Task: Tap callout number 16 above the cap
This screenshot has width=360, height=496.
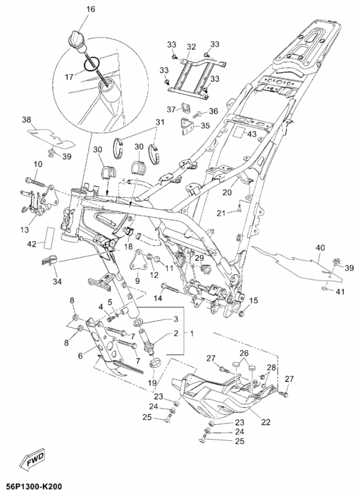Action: click(90, 9)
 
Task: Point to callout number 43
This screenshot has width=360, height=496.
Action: click(252, 134)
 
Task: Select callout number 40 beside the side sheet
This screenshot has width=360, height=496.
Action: click(320, 247)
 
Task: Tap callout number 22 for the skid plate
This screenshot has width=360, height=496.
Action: click(266, 422)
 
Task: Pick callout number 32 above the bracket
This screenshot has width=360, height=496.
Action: click(191, 47)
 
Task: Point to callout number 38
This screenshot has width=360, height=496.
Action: click(27, 120)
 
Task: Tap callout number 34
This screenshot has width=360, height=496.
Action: click(57, 281)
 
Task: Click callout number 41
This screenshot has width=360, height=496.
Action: click(340, 291)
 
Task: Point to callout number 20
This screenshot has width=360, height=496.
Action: click(227, 192)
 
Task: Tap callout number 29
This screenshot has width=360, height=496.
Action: click(199, 258)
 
